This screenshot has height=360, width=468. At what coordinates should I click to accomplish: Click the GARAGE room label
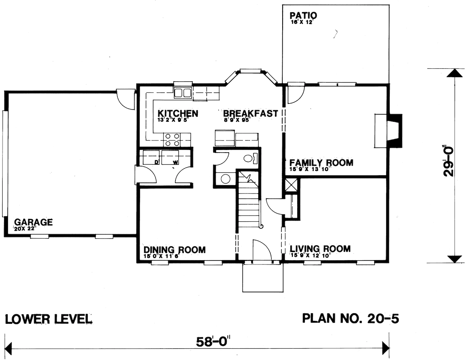33,222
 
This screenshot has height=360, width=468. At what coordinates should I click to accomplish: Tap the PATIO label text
303,16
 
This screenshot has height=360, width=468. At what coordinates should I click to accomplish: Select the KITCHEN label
178,113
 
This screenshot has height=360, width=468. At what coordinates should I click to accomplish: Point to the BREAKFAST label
250,113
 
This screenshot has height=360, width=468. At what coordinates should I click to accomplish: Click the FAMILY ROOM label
321,163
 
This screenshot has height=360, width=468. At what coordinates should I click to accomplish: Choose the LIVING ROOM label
320,249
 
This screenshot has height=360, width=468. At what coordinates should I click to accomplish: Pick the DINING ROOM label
174,250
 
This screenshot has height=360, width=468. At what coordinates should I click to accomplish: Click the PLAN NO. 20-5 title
350,318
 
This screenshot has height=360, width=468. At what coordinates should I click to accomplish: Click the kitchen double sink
182,93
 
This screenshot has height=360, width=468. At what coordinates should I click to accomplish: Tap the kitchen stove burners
173,138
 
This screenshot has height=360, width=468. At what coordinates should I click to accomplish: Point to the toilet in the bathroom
250,158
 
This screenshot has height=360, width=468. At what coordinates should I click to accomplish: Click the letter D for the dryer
156,162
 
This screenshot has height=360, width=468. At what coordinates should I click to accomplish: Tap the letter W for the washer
175,162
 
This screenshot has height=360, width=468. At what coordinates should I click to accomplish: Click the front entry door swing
260,251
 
